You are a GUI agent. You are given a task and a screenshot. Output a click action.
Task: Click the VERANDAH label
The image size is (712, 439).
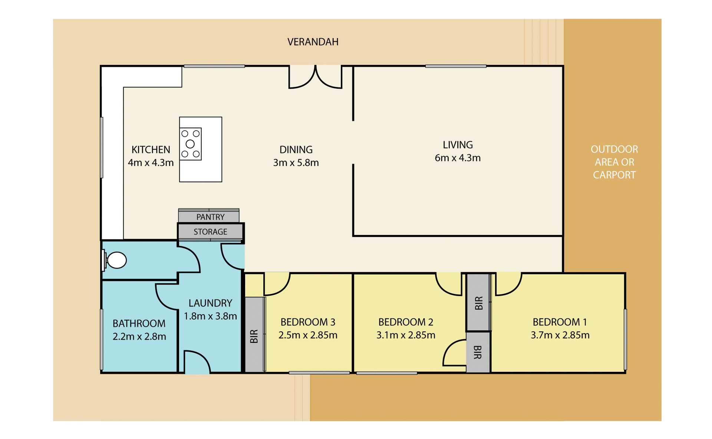pos(313,42)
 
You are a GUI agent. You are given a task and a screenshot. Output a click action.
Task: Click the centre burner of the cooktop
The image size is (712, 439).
pos(190,144)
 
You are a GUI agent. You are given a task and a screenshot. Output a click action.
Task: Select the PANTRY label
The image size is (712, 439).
pos(210,217)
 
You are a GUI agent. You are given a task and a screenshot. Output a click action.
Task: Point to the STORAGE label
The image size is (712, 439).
pos(210,232)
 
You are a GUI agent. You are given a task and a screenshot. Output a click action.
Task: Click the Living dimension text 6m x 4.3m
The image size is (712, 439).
pos(457,158)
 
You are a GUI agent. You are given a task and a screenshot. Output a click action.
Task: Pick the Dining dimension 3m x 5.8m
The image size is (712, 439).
pos(296,163)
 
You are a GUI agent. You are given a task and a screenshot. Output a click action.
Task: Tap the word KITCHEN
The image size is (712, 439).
pos(151,150)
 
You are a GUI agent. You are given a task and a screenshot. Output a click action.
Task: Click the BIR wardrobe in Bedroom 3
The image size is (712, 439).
pos(254,335)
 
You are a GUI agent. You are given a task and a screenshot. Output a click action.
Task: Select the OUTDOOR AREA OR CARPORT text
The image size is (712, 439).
pos(614,162)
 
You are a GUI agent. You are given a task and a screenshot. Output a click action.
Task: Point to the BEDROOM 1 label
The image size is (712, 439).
pos(560,322)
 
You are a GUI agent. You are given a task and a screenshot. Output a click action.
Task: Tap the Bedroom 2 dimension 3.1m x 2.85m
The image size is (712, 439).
pos(406,335)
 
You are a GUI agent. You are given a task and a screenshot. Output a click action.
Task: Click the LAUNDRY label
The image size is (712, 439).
pos(210,303)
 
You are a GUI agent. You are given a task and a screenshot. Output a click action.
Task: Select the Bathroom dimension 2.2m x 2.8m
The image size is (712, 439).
pos(139,337)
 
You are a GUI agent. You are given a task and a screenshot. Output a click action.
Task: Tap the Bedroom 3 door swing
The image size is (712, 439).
pos(277,284)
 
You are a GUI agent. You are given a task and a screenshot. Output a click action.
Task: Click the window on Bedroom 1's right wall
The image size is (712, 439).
pos(625,339)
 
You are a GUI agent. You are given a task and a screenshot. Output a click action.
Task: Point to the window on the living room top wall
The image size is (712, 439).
pos(455,66)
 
